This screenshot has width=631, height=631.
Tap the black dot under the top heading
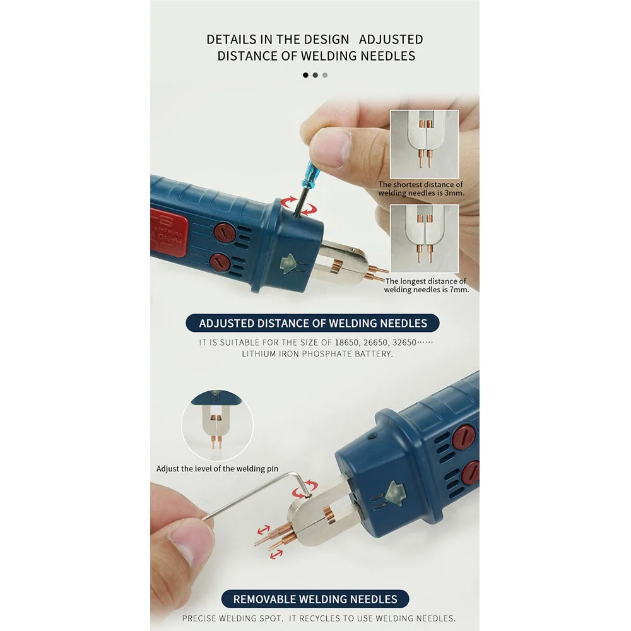click(305, 75)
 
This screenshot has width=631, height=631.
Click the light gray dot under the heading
click(325, 75)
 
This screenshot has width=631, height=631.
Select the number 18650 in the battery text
click(346, 343)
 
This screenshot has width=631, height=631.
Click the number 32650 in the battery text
click(404, 343)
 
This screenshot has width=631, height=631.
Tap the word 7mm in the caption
click(459, 290)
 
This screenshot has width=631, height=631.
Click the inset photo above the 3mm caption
click(424, 144)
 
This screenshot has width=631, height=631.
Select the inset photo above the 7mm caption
click(424, 239)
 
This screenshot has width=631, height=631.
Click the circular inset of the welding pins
click(217, 425)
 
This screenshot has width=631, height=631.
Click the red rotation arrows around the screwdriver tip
click(298, 206)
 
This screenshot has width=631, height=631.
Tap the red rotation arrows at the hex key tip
click(305, 488)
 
